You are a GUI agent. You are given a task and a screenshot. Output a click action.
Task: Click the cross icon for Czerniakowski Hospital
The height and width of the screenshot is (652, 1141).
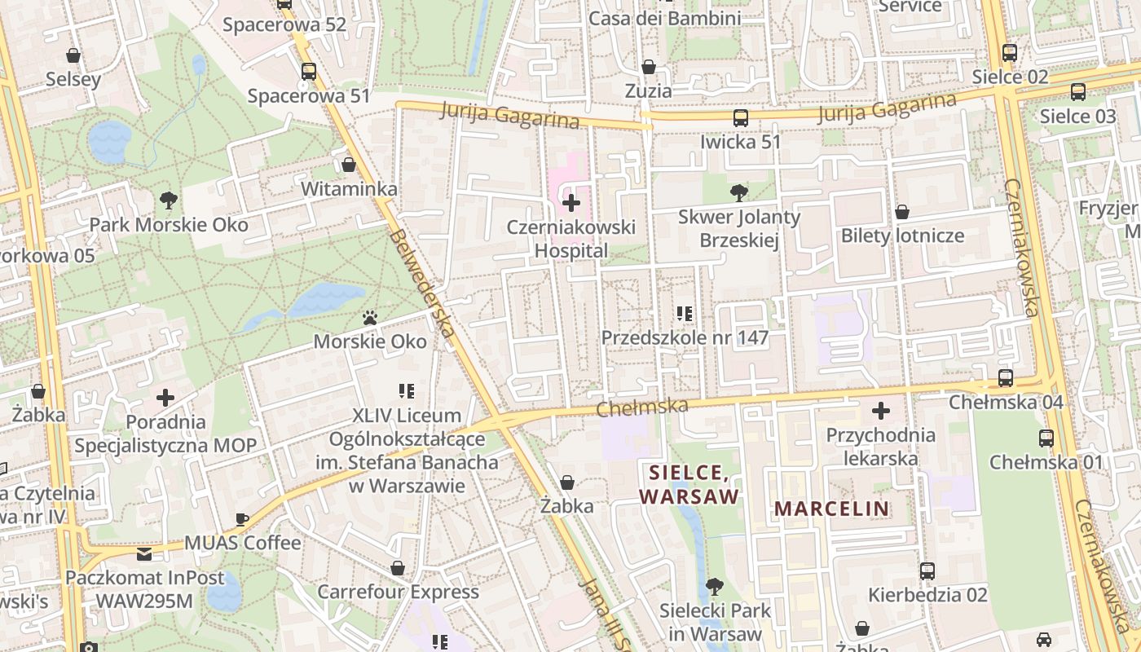click(x=571, y=202)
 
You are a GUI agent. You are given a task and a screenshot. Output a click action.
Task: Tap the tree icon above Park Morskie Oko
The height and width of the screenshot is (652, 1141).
click(x=169, y=199)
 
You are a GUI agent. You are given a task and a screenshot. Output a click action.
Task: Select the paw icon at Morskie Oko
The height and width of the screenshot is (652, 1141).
click(x=370, y=317)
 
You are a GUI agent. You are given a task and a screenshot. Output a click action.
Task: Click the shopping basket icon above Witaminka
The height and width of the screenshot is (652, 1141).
click(x=349, y=165)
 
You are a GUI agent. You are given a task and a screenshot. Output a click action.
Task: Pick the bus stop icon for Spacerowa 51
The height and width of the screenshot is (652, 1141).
click(x=308, y=72)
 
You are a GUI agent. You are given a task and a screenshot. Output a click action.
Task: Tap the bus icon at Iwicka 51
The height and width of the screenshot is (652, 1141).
click(x=740, y=117)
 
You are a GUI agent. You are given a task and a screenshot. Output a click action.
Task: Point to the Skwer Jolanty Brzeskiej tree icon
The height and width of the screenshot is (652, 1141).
click(x=738, y=193)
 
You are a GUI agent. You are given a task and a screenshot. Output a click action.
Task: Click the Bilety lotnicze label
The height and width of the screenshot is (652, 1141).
click(x=902, y=236)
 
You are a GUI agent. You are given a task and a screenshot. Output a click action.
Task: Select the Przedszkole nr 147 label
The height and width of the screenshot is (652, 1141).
click(x=685, y=337)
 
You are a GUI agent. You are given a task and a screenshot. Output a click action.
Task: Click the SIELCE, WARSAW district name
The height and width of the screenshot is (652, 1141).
click(x=689, y=484)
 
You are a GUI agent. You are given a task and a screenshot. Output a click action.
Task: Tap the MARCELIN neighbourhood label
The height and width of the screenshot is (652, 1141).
click(x=831, y=509)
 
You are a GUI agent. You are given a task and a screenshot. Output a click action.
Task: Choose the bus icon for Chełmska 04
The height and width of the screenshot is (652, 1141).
click(x=1005, y=378)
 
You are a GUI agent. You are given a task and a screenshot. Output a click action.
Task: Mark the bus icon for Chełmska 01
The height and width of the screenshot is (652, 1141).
click(x=1046, y=438)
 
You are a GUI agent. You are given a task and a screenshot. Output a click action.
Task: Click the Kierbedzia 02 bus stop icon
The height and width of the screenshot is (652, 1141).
click(x=927, y=570)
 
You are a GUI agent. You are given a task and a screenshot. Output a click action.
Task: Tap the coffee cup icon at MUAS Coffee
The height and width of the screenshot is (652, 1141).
click(x=242, y=518)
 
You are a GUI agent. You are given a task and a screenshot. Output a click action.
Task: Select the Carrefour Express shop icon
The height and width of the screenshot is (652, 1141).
click(x=398, y=567)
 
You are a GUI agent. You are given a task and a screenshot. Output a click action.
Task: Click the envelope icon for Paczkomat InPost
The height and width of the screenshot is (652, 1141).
click(x=144, y=554)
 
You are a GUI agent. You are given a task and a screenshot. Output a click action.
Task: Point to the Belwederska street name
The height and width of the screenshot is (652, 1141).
click(x=421, y=283)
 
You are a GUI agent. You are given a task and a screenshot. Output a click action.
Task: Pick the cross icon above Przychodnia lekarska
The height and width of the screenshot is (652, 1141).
click(x=880, y=411)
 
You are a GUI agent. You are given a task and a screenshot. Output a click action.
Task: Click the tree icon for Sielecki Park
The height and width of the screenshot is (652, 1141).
click(x=714, y=585)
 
